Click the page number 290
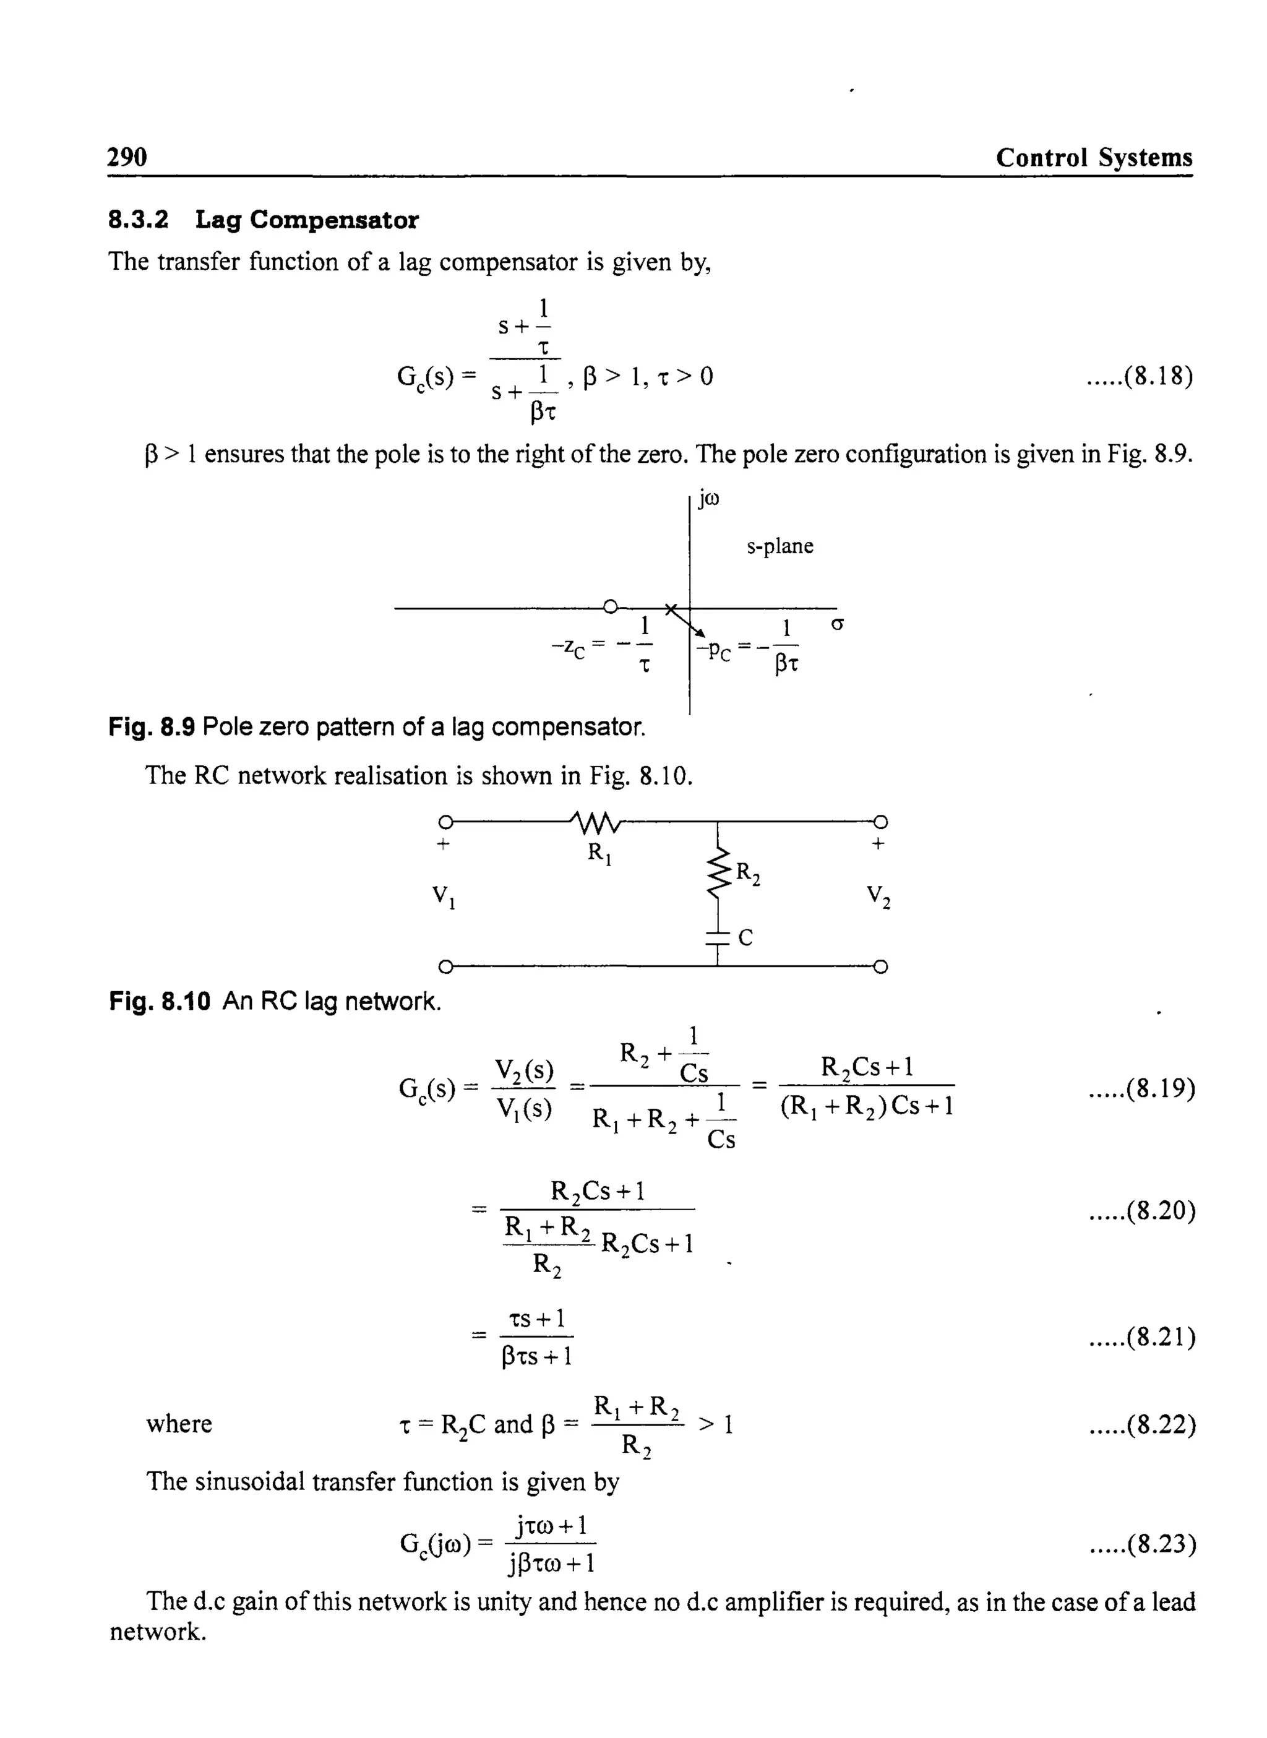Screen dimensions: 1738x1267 point(127,157)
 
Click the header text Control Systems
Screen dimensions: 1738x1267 point(1094,158)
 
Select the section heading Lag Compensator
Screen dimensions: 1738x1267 point(307,220)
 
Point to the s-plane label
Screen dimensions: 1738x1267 point(780,546)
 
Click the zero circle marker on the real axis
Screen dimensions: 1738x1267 point(610,608)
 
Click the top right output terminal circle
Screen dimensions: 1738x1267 point(880,822)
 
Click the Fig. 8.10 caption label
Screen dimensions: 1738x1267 point(159,1001)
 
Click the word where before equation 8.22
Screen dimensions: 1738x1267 point(179,1424)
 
